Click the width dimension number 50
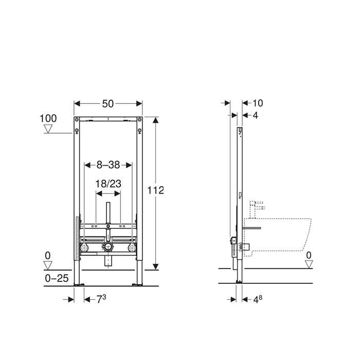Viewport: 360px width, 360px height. tap(107, 103)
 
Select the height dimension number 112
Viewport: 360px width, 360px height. tap(155, 190)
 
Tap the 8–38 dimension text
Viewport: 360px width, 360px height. tap(108, 165)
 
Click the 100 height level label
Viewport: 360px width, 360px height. tap(48, 118)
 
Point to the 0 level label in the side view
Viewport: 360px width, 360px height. tap(309, 255)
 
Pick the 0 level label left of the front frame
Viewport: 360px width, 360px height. tap(48, 255)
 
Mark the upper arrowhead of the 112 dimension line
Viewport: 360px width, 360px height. tap(156, 119)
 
